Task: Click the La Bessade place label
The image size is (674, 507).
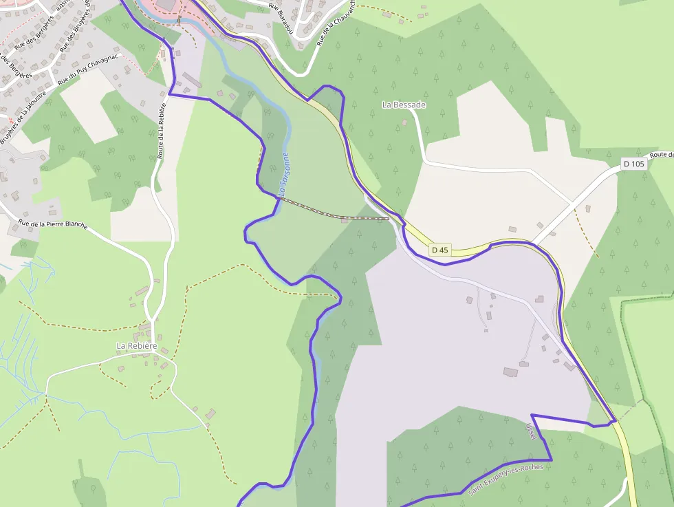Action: click(x=404, y=105)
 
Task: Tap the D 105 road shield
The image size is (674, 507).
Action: click(x=633, y=164)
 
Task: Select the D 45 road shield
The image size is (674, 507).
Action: click(x=439, y=250)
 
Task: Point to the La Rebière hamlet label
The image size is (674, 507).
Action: click(x=137, y=345)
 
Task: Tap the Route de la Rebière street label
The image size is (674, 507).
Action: click(x=161, y=131)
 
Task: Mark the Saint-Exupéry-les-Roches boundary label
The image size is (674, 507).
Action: click(x=505, y=479)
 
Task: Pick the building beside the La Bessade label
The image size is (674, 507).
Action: click(x=404, y=122)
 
